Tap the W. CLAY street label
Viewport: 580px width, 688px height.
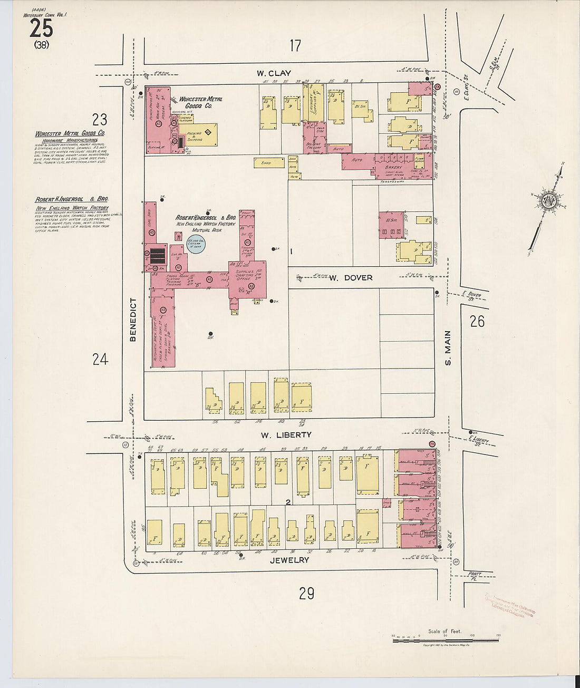pyautogui.click(x=274, y=73)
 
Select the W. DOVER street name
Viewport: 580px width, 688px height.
pyautogui.click(x=351, y=277)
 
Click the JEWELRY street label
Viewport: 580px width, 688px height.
pyautogui.click(x=289, y=560)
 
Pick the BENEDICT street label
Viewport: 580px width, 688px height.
pyautogui.click(x=133, y=319)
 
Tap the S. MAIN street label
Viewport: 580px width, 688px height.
pyautogui.click(x=448, y=347)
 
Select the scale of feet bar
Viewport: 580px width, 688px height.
pyautogui.click(x=446, y=640)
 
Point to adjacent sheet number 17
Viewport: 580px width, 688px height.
pyautogui.click(x=295, y=46)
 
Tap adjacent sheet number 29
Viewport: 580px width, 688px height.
pyautogui.click(x=306, y=594)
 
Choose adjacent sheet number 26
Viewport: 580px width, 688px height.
pyautogui.click(x=477, y=321)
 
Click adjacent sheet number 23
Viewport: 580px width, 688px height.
pyautogui.click(x=100, y=119)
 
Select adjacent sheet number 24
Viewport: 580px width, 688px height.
pyautogui.click(x=100, y=359)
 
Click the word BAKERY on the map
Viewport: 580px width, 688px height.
pyautogui.click(x=393, y=167)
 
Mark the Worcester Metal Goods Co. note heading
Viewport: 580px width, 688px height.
pyautogui.click(x=70, y=134)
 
